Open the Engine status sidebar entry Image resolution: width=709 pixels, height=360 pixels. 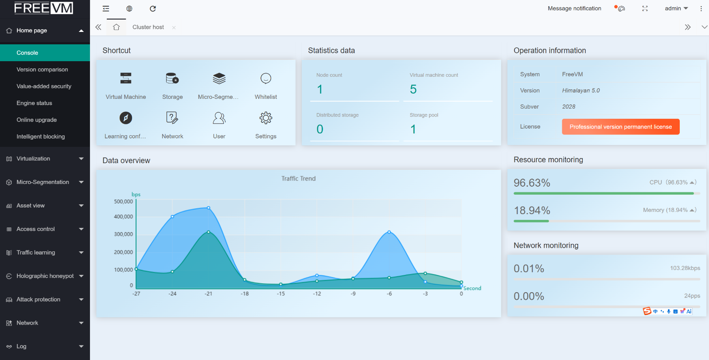click(x=34, y=103)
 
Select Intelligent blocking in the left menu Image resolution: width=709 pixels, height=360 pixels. click(x=40, y=137)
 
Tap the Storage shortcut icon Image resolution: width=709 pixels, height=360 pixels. click(x=172, y=78)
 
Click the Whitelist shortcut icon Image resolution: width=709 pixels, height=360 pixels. click(x=265, y=78)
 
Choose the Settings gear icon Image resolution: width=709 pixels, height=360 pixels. click(x=265, y=118)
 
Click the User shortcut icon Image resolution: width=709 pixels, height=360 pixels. click(x=219, y=118)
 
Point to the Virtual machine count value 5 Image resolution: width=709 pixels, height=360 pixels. click(x=413, y=89)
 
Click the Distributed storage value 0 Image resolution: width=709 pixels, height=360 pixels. click(x=319, y=129)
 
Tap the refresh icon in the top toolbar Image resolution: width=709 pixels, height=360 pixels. click(x=152, y=8)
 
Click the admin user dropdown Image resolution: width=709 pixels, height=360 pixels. click(x=676, y=8)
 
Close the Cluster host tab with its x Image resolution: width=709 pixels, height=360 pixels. click(x=174, y=27)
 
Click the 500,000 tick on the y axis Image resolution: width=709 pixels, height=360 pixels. click(x=124, y=201)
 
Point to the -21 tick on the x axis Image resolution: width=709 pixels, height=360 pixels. click(x=208, y=293)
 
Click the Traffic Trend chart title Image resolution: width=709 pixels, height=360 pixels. click(x=298, y=179)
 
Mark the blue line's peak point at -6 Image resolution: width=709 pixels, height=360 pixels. click(x=389, y=232)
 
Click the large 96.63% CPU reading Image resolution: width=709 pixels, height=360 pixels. click(x=532, y=183)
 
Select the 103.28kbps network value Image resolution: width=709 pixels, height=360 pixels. click(x=685, y=268)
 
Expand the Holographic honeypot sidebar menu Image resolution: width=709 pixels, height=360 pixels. click(x=45, y=276)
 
